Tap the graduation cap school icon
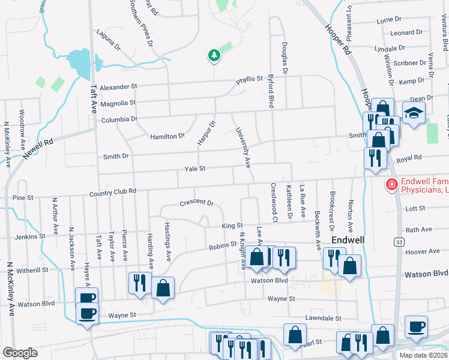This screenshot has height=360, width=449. [x=414, y=113]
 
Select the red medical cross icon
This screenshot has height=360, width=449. [x=391, y=185]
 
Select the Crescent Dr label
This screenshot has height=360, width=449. [x=196, y=203]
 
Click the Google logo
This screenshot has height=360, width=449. [x=20, y=353]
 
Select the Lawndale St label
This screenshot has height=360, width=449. [x=322, y=318]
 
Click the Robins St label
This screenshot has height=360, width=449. [x=222, y=246]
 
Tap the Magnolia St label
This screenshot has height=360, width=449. [x=118, y=103]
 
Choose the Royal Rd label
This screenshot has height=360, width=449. [x=409, y=158]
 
